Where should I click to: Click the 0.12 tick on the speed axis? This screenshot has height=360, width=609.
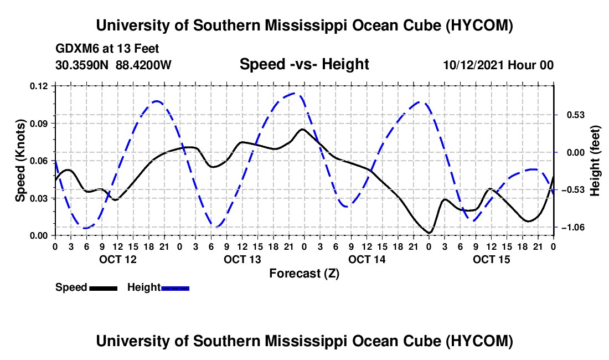coord(38,86)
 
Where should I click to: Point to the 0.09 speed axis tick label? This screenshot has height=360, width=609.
coord(38,124)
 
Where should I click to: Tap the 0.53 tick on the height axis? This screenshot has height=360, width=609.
coord(576,115)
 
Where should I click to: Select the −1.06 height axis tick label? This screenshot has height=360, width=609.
coord(573,227)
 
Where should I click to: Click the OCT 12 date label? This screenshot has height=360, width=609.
coord(118,259)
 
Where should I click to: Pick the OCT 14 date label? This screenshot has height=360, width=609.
coord(367,259)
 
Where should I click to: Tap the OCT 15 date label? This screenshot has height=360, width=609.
coord(491,259)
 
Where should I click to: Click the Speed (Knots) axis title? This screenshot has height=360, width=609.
coord(20,161)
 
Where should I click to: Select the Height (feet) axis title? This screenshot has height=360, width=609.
coord(595,161)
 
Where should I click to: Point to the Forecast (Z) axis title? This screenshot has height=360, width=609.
coord(304,274)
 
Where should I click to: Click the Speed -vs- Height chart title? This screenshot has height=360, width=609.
coord(304,64)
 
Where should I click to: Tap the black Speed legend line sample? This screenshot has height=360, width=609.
coord(104,289)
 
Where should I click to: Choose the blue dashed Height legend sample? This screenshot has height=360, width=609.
coord(175,289)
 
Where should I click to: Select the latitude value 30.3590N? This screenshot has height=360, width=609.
coord(82,65)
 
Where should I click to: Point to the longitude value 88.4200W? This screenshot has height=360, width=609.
coord(143,65)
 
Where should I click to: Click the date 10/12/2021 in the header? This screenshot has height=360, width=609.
coord(473,65)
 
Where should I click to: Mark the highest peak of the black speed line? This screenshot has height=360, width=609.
coord(302,129)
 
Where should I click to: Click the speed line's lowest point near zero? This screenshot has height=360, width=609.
coord(429,233)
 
